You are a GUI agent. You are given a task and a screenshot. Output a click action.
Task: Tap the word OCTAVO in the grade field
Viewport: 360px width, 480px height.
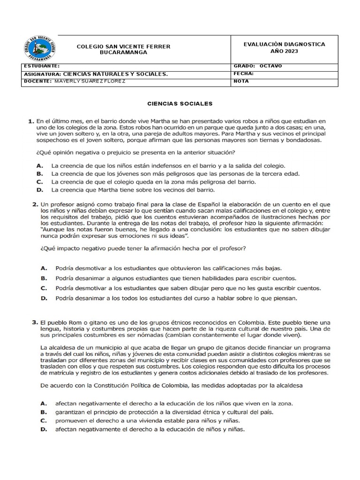[x=270, y=66]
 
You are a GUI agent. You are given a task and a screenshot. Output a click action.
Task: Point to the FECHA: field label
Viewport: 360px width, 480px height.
[x=243, y=74]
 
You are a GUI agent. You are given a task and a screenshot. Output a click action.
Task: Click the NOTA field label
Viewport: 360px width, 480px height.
[x=241, y=81]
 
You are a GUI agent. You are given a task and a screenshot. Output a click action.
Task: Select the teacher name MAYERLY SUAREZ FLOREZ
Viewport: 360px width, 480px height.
[x=90, y=81]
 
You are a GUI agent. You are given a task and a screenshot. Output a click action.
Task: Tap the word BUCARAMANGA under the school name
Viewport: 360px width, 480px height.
[x=124, y=52]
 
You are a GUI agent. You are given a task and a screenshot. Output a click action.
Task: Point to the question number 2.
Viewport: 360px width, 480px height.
[x=35, y=204]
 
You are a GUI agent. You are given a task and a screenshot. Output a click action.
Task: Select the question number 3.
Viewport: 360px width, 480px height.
[x=35, y=322]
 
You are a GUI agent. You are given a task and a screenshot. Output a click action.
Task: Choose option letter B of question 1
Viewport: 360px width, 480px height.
[x=40, y=173]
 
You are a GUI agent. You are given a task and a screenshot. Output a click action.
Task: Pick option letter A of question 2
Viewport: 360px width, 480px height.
[x=44, y=269]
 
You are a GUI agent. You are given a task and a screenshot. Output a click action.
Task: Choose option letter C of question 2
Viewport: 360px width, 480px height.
[x=44, y=288]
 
